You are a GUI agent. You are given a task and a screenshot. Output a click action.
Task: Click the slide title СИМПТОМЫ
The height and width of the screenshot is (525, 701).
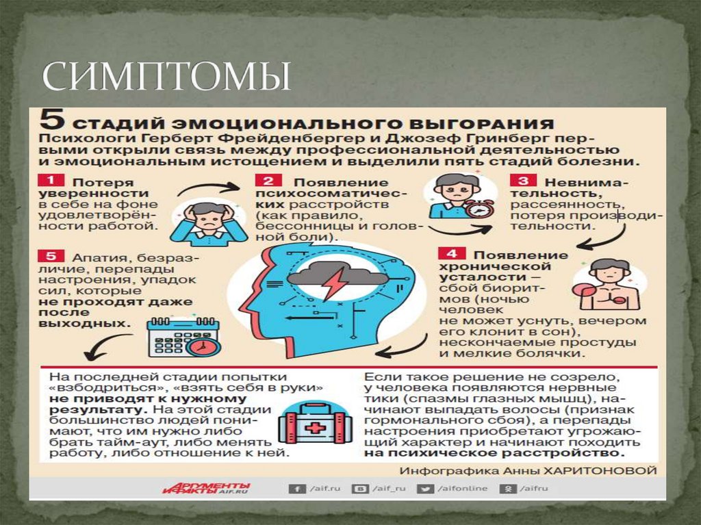click(x=166, y=77)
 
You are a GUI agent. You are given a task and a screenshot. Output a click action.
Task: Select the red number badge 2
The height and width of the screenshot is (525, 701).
click(x=268, y=181)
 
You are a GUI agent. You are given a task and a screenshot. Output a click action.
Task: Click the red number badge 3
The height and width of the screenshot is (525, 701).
click(x=522, y=181)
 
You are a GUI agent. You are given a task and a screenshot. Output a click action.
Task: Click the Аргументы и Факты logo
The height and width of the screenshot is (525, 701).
click(x=206, y=488)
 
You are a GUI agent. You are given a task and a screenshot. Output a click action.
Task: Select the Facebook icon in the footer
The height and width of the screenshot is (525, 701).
click(x=296, y=489)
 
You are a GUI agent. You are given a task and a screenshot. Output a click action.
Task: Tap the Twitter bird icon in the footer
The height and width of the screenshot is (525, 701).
click(x=426, y=489)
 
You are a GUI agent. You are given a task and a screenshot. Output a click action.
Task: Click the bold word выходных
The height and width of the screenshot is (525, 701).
click(x=97, y=323)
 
